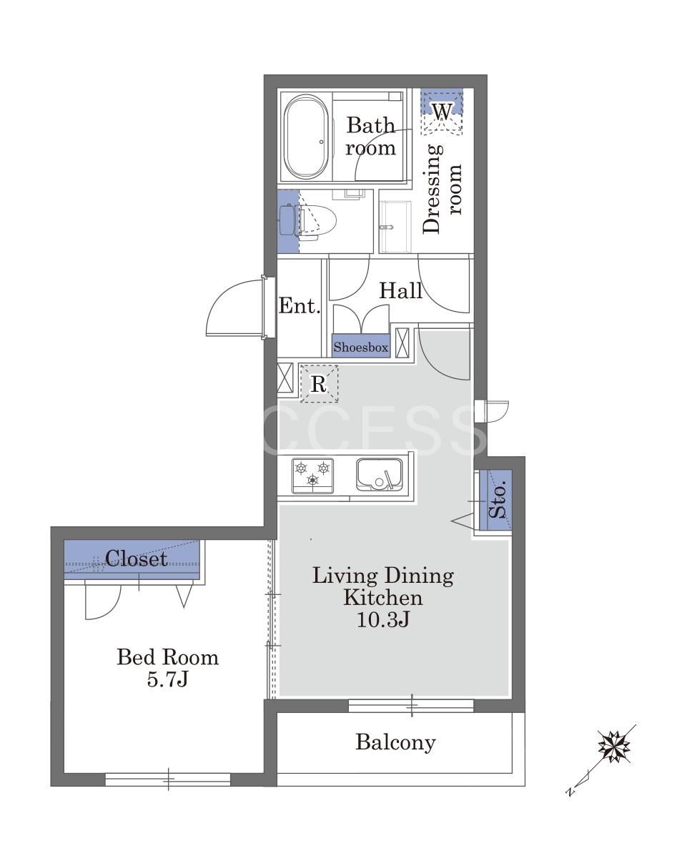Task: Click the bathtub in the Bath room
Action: pos(306,137)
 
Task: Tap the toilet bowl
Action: pos(318,220)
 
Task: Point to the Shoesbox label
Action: pos(361,347)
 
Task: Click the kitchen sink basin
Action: pos(379,474)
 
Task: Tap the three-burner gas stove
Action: pos(312,476)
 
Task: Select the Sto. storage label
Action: pos(498,500)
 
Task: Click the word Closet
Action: pos(136,559)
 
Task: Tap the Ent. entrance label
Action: pos(300,306)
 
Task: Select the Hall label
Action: pos(400,290)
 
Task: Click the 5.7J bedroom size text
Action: pos(167,679)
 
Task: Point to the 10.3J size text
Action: pos(382,620)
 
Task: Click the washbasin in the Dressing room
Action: pos(395,227)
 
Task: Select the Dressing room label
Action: pos(443,189)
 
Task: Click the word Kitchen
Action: pos(382,598)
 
